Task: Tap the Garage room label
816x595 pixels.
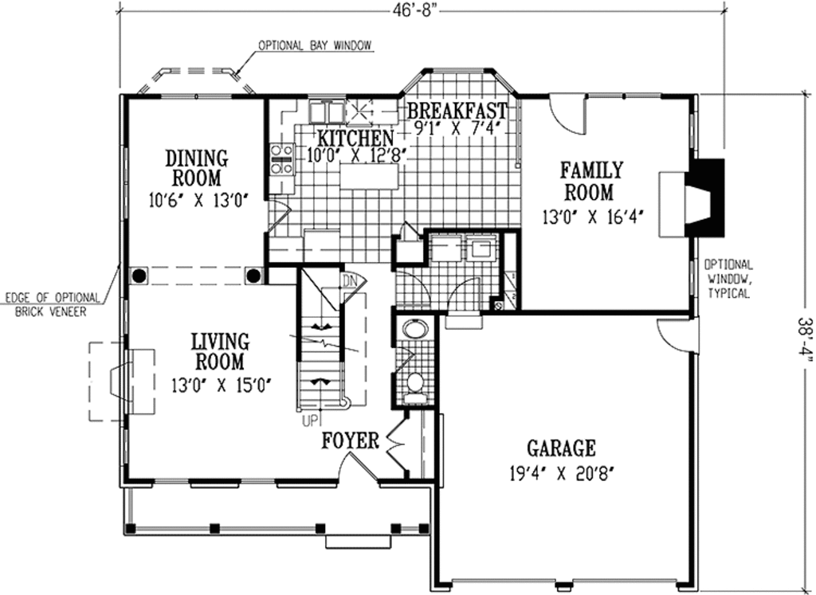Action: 561,448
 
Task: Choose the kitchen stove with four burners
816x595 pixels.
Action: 280,158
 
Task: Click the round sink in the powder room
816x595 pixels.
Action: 414,330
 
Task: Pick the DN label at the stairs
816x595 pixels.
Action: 348,280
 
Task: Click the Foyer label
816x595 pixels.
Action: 350,441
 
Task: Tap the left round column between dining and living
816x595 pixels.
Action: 139,276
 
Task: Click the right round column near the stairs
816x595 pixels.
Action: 253,276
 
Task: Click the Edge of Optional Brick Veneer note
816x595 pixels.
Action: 53,304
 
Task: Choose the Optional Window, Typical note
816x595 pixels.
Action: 727,279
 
